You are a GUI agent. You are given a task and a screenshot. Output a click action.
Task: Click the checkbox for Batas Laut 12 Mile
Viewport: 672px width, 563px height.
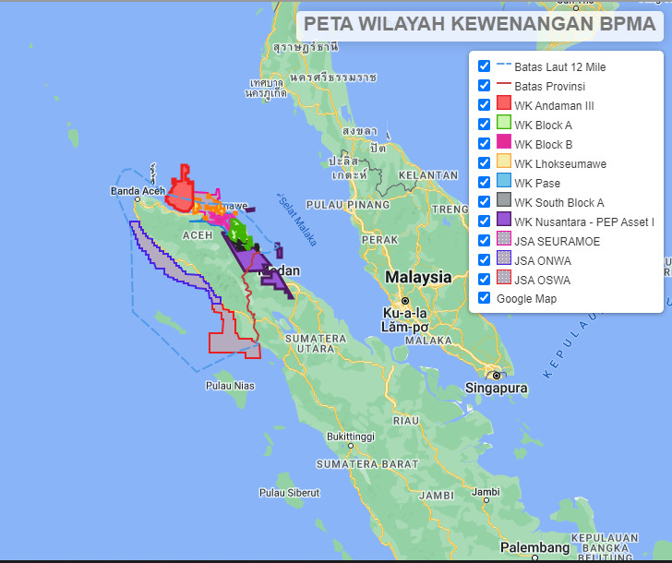tap(484, 67)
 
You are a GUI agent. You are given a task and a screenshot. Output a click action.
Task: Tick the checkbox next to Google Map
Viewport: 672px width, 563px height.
tap(484, 298)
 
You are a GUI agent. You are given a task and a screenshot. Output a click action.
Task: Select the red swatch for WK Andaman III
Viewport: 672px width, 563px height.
tap(504, 105)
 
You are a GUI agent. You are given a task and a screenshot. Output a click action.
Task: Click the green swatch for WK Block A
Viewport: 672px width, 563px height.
tap(504, 125)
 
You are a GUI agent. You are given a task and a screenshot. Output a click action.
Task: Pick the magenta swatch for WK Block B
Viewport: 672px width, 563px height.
tap(504, 144)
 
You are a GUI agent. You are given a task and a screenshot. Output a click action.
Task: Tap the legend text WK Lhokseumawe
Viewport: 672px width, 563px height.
tap(556, 163)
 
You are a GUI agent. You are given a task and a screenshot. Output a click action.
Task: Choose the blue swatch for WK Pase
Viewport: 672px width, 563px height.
tap(504, 183)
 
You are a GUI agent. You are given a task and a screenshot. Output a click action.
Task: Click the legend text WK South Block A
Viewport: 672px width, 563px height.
tap(558, 202)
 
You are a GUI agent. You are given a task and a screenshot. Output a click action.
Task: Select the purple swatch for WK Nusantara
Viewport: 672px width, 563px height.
tap(504, 221)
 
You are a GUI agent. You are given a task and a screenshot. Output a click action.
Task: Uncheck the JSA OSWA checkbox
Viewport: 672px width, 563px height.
tap(484, 279)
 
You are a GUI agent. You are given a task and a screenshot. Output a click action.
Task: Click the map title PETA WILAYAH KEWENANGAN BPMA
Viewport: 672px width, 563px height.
tap(479, 23)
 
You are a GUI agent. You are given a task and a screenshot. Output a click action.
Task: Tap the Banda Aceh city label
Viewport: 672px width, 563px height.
tap(137, 191)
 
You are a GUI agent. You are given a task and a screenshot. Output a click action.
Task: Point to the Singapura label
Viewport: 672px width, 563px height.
tap(497, 389)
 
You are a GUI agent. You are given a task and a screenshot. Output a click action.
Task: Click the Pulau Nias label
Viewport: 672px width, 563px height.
tap(230, 385)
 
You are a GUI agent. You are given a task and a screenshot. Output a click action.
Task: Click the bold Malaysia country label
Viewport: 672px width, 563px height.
tap(418, 277)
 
